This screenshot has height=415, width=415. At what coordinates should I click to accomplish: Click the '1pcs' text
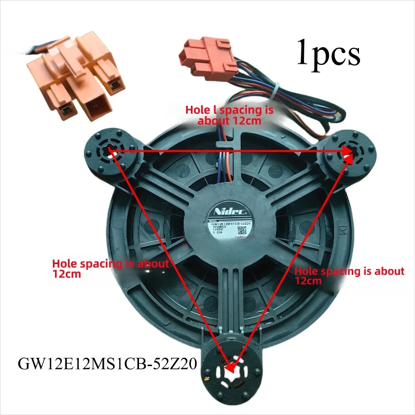tap(328, 53)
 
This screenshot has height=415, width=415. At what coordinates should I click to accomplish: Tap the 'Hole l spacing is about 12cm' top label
tap(229, 115)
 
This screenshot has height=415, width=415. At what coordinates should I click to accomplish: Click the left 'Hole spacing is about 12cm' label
tap(110, 269)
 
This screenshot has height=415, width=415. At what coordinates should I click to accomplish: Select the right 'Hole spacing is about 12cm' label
tap(349, 276)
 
